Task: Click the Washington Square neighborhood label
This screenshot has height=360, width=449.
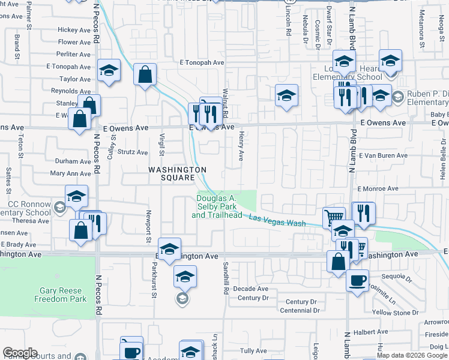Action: (x=172, y=173)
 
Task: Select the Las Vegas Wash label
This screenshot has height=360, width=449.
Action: (x=277, y=220)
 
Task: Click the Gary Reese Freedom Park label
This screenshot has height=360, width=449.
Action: (x=63, y=295)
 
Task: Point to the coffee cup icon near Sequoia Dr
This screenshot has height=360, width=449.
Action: (x=357, y=280)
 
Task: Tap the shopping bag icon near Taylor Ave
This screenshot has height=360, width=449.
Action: (x=145, y=75)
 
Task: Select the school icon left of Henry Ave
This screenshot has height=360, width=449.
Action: (x=287, y=95)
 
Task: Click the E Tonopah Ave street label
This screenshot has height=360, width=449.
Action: (x=202, y=62)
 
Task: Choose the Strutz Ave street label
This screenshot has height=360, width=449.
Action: (x=133, y=152)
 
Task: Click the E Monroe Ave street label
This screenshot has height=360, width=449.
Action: (x=378, y=188)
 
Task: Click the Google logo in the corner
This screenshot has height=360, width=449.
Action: (x=20, y=353)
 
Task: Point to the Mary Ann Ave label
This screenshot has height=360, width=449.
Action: (x=70, y=173)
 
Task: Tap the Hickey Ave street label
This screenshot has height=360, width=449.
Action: (x=74, y=30)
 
